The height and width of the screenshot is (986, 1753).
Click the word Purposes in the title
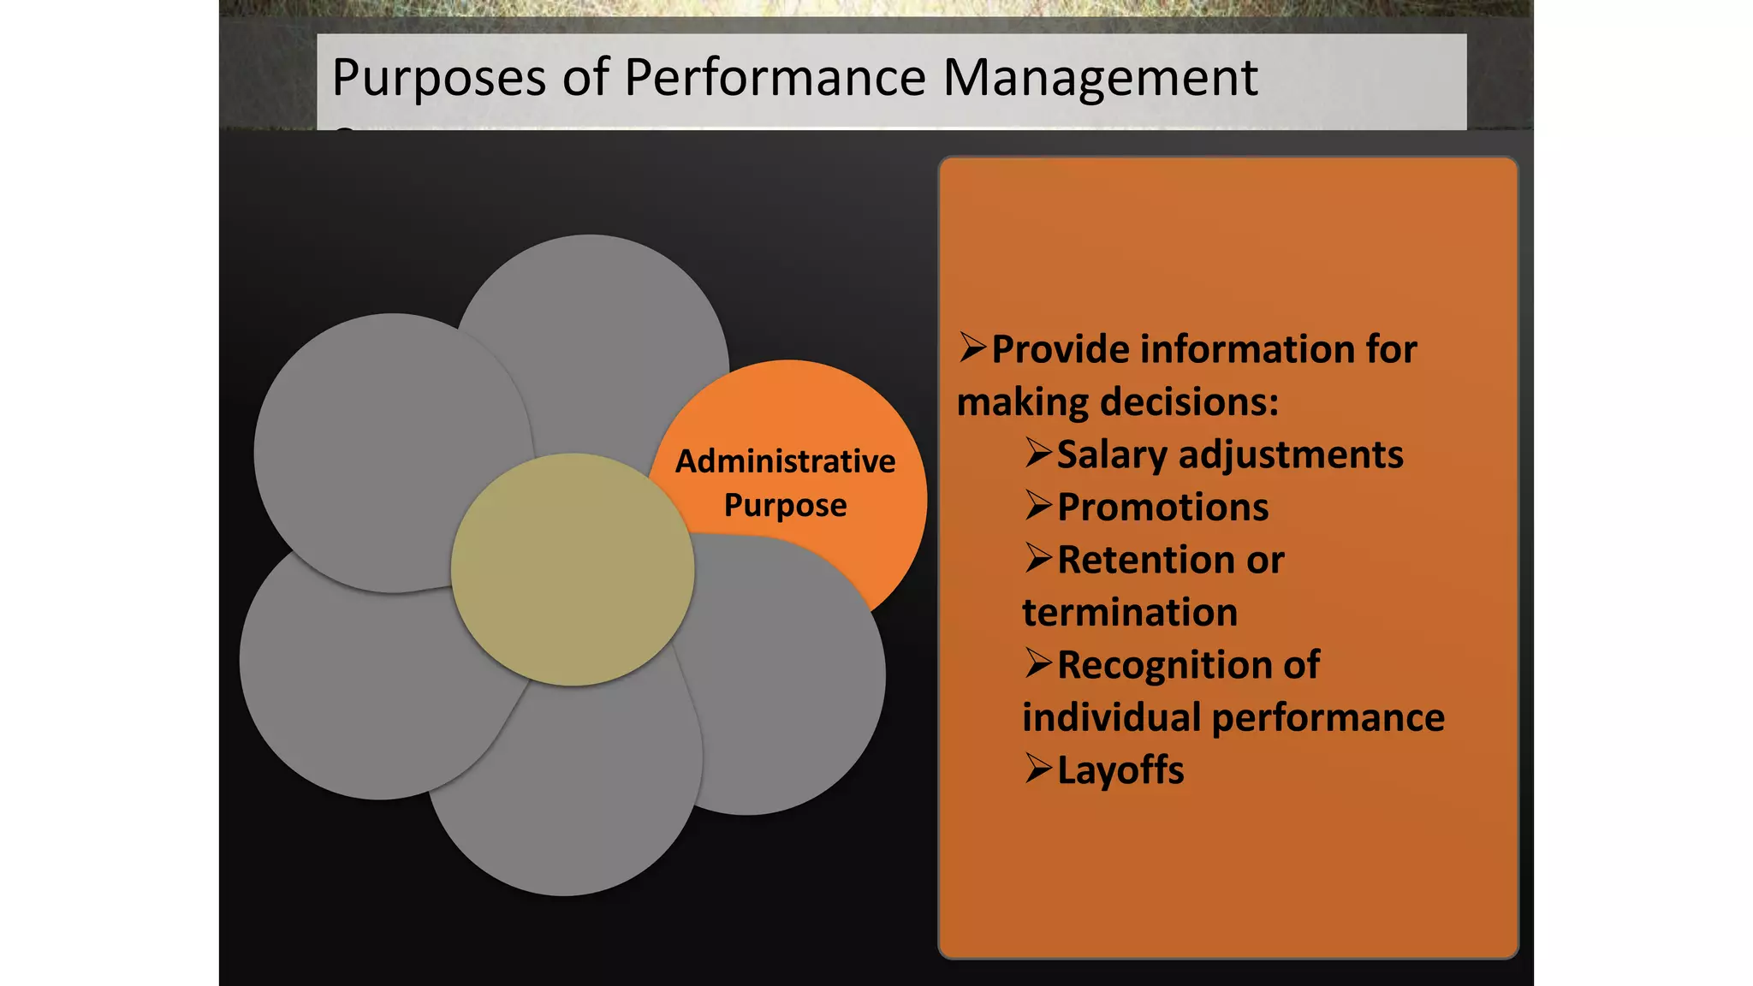pos(438,79)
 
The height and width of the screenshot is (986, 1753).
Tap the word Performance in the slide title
pos(775,79)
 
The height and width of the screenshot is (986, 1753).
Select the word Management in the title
pos(1100,79)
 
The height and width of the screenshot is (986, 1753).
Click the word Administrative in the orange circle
pos(785,461)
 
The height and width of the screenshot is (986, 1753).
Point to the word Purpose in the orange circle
pos(785,506)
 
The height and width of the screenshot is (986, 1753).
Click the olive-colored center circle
pos(572,569)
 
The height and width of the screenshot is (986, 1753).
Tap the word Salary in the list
pos(1112,455)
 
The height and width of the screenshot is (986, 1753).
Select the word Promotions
pos(1162,508)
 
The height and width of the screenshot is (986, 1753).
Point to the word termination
pos(1130,613)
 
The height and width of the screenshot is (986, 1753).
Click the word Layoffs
pos(1120,770)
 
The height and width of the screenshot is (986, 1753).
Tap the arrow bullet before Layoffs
pos(1038,768)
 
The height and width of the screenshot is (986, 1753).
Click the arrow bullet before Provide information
pos(972,347)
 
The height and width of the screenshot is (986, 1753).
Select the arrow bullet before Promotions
pos(1038,505)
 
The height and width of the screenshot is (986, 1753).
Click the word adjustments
pos(1291,454)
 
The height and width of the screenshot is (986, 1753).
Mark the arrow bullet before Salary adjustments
pos(1038,452)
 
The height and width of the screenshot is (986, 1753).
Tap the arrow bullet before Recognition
pos(1038,662)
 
